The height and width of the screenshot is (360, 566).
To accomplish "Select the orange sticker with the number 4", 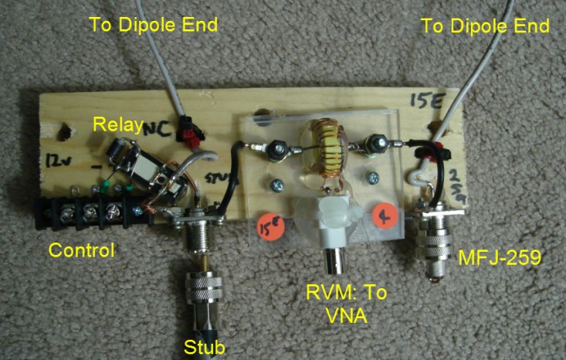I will (384, 217).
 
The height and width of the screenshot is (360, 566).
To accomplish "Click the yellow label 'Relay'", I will (116, 124).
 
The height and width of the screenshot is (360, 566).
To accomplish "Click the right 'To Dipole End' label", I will (485, 25).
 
